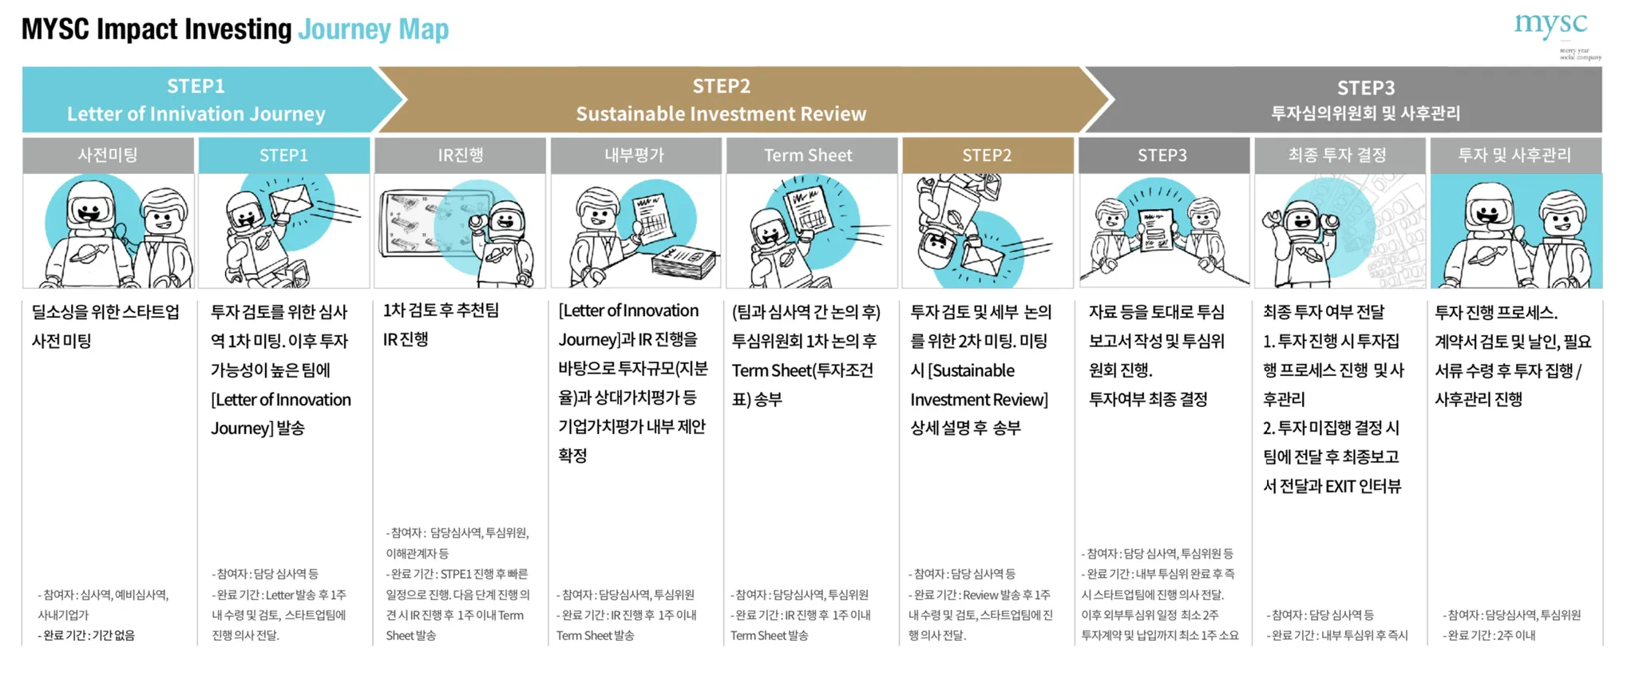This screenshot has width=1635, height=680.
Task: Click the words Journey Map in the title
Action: tap(373, 30)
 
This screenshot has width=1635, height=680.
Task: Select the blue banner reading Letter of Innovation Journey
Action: tap(196, 113)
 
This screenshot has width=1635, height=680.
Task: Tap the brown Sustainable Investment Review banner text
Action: tap(721, 113)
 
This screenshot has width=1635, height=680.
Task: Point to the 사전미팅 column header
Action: tap(108, 155)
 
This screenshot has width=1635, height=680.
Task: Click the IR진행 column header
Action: tap(460, 155)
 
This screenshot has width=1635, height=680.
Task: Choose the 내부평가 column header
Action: tap(635, 155)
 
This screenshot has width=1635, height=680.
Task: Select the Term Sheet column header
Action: tap(808, 155)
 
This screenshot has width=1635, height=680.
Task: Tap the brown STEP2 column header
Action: tap(987, 155)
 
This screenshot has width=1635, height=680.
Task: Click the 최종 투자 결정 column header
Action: tap(1338, 155)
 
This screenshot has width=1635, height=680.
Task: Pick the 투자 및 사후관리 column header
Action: tap(1514, 155)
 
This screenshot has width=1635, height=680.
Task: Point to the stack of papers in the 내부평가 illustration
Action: tap(685, 262)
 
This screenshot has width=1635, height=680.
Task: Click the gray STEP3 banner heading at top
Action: tap(1365, 88)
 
